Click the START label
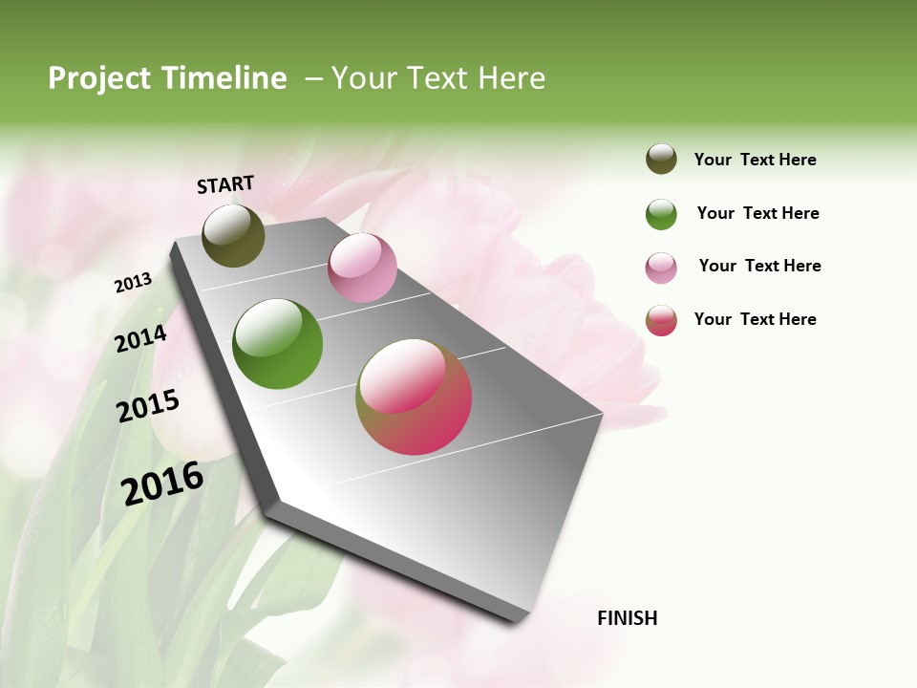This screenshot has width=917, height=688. click(x=225, y=184)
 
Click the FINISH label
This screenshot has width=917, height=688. click(x=628, y=618)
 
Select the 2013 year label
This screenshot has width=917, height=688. click(x=133, y=283)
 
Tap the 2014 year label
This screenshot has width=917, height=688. click(x=140, y=338)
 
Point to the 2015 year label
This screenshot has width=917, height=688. click(x=148, y=406)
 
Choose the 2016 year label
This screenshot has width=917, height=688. click(x=162, y=483)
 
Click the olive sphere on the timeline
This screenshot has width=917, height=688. click(x=234, y=235)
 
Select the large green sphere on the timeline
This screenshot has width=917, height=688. click(x=278, y=344)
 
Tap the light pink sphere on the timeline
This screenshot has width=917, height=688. click(x=362, y=268)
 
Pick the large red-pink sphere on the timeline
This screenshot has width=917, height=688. click(x=414, y=397)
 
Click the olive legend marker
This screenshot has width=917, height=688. click(x=661, y=159)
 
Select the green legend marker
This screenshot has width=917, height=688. click(x=661, y=214)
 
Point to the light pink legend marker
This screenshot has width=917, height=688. click(x=661, y=268)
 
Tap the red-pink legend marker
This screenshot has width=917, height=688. click(x=661, y=320)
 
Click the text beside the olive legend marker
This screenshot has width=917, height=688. click(x=756, y=160)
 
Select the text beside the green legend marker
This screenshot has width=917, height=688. click(x=757, y=213)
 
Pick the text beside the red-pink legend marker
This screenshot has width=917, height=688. click(x=756, y=319)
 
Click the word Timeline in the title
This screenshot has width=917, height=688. click(x=224, y=78)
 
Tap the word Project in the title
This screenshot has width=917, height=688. click(x=99, y=78)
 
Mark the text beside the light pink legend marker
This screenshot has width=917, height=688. click(x=759, y=266)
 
